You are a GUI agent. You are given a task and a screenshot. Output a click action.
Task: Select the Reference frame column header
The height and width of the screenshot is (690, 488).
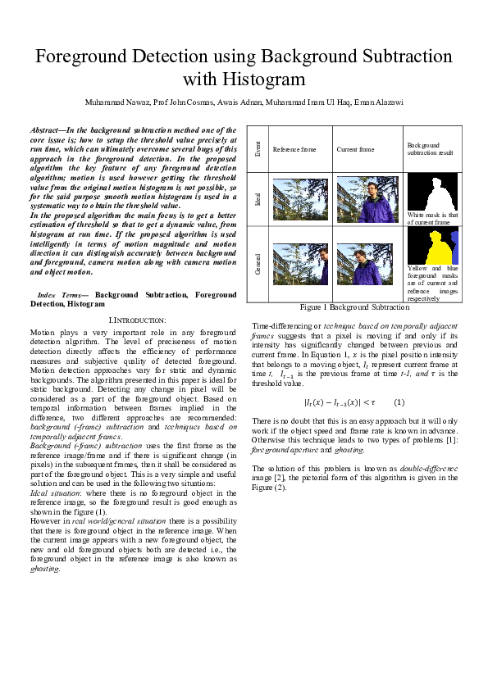pos(294,150)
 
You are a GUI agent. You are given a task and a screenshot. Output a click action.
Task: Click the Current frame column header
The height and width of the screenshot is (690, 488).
pos(355,150)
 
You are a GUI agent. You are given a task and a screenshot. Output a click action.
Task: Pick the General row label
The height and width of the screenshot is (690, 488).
pos(258,264)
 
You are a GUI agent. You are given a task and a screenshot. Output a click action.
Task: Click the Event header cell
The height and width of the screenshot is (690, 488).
pos(258,149)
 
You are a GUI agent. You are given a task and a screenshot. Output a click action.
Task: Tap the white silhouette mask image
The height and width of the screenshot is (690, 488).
pos(431,193)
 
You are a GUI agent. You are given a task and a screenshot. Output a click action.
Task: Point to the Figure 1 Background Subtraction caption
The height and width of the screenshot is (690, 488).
pos(354,307)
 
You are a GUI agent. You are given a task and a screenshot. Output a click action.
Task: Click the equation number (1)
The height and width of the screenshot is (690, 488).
pos(399,402)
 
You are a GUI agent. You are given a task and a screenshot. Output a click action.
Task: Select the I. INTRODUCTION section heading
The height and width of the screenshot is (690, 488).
pos(137,319)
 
